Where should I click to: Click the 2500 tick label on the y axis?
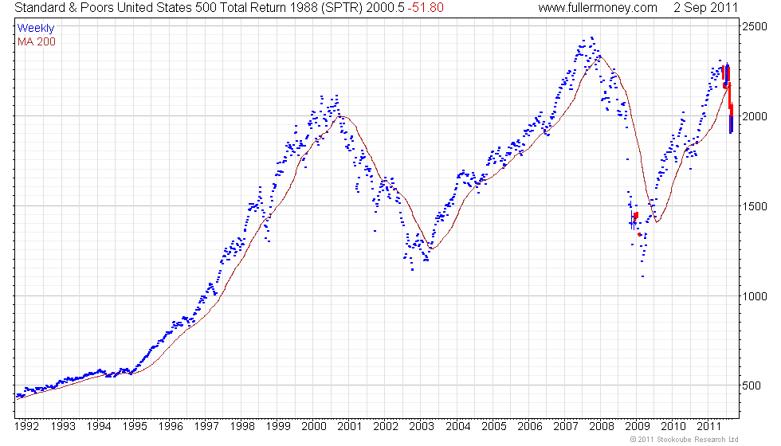click(755, 26)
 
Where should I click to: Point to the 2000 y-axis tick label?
click(755, 116)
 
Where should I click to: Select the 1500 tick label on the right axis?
click(755, 206)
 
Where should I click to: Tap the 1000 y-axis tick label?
click(755, 296)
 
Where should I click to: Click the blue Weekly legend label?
click(36, 28)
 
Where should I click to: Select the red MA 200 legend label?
click(37, 41)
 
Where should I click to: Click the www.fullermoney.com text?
click(598, 8)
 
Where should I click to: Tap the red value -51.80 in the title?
click(426, 8)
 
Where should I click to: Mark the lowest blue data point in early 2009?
click(642, 276)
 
